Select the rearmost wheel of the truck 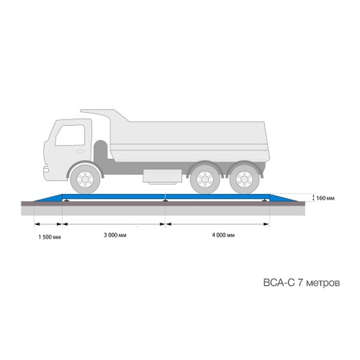click(244, 178)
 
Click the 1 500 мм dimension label click(49, 237)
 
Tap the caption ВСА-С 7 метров click(299, 282)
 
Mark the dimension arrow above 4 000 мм click(218, 224)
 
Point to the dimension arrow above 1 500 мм click(49, 224)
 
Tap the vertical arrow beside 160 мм click(312, 197)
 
